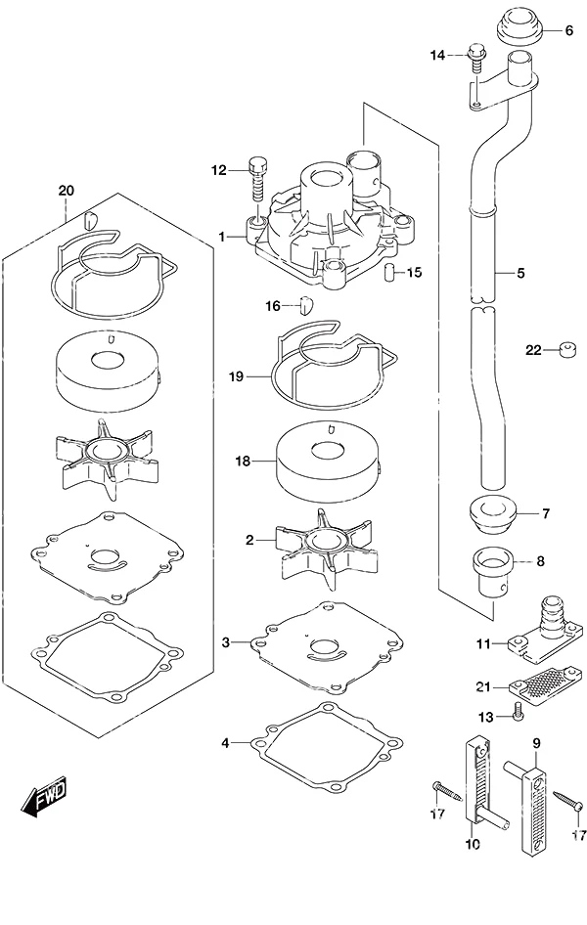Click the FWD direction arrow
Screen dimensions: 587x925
44,797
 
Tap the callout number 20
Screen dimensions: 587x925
67,191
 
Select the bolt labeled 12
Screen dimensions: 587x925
257,180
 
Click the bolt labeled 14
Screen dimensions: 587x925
475,57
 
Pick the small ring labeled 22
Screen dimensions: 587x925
567,350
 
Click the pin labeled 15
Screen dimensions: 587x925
388,274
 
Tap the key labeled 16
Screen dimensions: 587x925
307,305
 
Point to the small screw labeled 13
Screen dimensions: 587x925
517,712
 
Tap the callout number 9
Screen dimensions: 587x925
537,744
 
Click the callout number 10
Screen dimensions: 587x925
473,845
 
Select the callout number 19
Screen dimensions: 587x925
237,375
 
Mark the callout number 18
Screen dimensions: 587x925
243,461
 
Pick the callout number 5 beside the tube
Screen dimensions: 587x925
520,273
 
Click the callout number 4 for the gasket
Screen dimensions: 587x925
225,743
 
